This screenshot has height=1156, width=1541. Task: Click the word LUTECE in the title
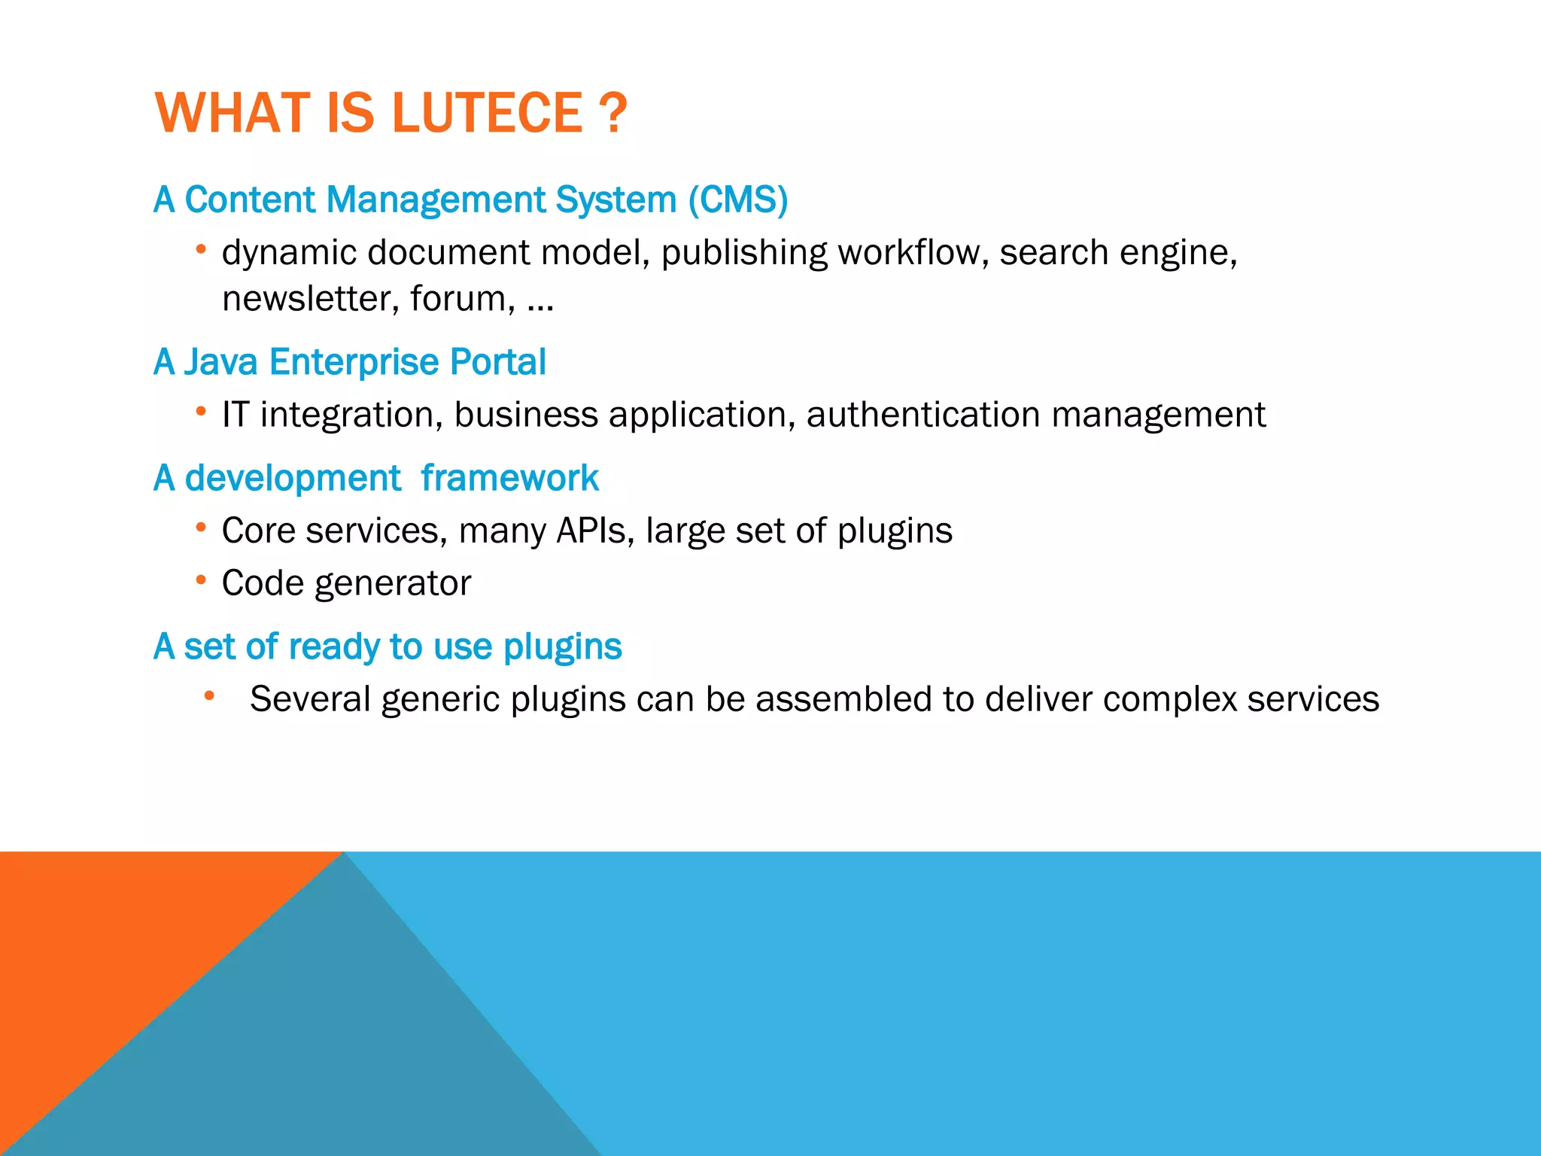coord(487,113)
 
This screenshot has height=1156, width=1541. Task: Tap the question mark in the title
coord(613,113)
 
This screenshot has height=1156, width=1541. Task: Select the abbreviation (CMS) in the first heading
coord(738,200)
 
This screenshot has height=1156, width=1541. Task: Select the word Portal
coord(497,362)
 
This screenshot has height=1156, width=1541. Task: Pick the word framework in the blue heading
coord(509,479)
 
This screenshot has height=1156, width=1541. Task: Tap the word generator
coord(393,584)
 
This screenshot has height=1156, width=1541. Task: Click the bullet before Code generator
coord(200,580)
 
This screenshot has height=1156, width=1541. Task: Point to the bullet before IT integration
coord(200,411)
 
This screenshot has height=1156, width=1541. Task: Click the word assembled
coord(843,699)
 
